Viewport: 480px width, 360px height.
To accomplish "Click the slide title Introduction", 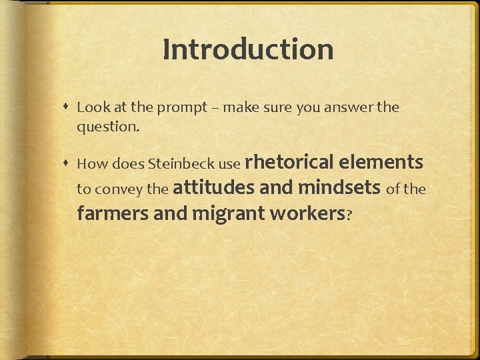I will point(247,49).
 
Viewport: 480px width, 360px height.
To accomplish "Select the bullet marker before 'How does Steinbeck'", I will point(67,163).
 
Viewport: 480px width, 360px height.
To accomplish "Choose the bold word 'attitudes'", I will point(213,189).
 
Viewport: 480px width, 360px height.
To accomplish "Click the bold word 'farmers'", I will point(112,214).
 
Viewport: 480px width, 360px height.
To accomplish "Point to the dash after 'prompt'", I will point(216,108).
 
